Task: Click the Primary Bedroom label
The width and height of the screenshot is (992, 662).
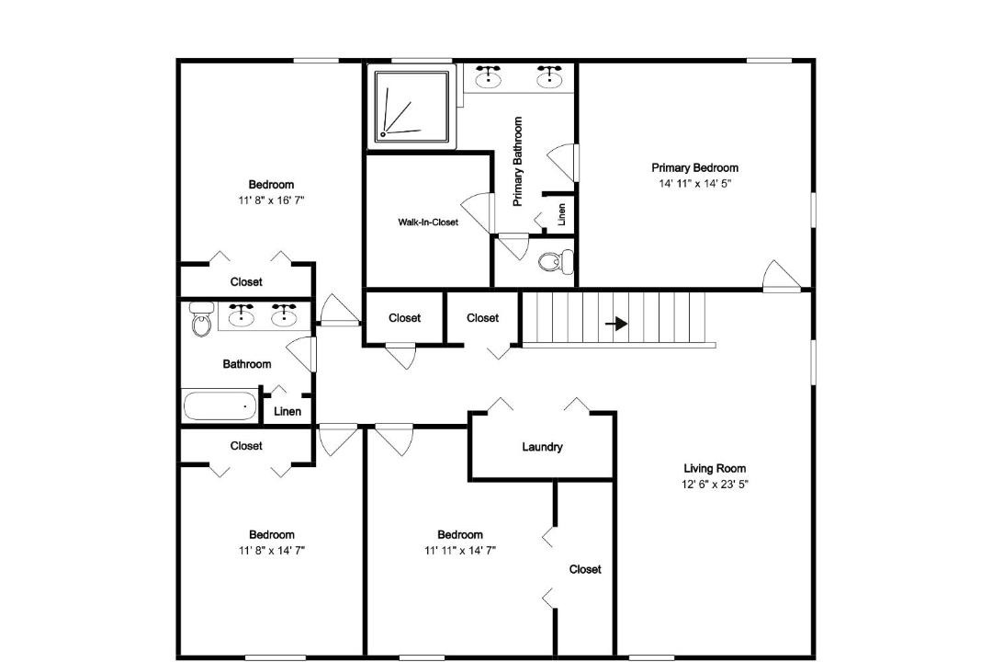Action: click(x=694, y=168)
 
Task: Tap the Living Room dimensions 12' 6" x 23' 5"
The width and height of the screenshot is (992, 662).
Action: click(x=715, y=485)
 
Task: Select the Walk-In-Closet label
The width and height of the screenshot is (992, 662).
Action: click(x=428, y=223)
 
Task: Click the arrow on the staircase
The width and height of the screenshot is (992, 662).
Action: click(x=616, y=324)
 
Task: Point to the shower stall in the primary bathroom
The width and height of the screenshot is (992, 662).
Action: click(x=411, y=107)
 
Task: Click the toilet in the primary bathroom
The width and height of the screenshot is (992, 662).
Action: click(x=556, y=262)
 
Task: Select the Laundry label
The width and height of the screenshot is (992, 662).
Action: click(x=542, y=447)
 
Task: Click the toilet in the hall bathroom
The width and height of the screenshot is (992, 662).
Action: click(x=201, y=319)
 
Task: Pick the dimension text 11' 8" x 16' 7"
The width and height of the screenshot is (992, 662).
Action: click(x=271, y=200)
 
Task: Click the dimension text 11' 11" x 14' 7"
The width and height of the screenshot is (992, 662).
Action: click(x=460, y=551)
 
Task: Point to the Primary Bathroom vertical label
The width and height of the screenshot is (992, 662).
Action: click(x=517, y=162)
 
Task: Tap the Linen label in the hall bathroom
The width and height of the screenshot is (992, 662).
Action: click(x=287, y=412)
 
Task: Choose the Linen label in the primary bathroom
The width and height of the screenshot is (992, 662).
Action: click(x=561, y=215)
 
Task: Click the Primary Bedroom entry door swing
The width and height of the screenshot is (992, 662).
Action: click(x=781, y=277)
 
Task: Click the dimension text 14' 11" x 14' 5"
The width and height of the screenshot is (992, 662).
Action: click(x=695, y=184)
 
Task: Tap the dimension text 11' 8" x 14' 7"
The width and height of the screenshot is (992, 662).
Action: click(x=271, y=551)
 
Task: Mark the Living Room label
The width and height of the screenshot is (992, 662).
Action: click(x=715, y=469)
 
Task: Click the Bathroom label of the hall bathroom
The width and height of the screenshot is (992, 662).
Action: click(x=247, y=364)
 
